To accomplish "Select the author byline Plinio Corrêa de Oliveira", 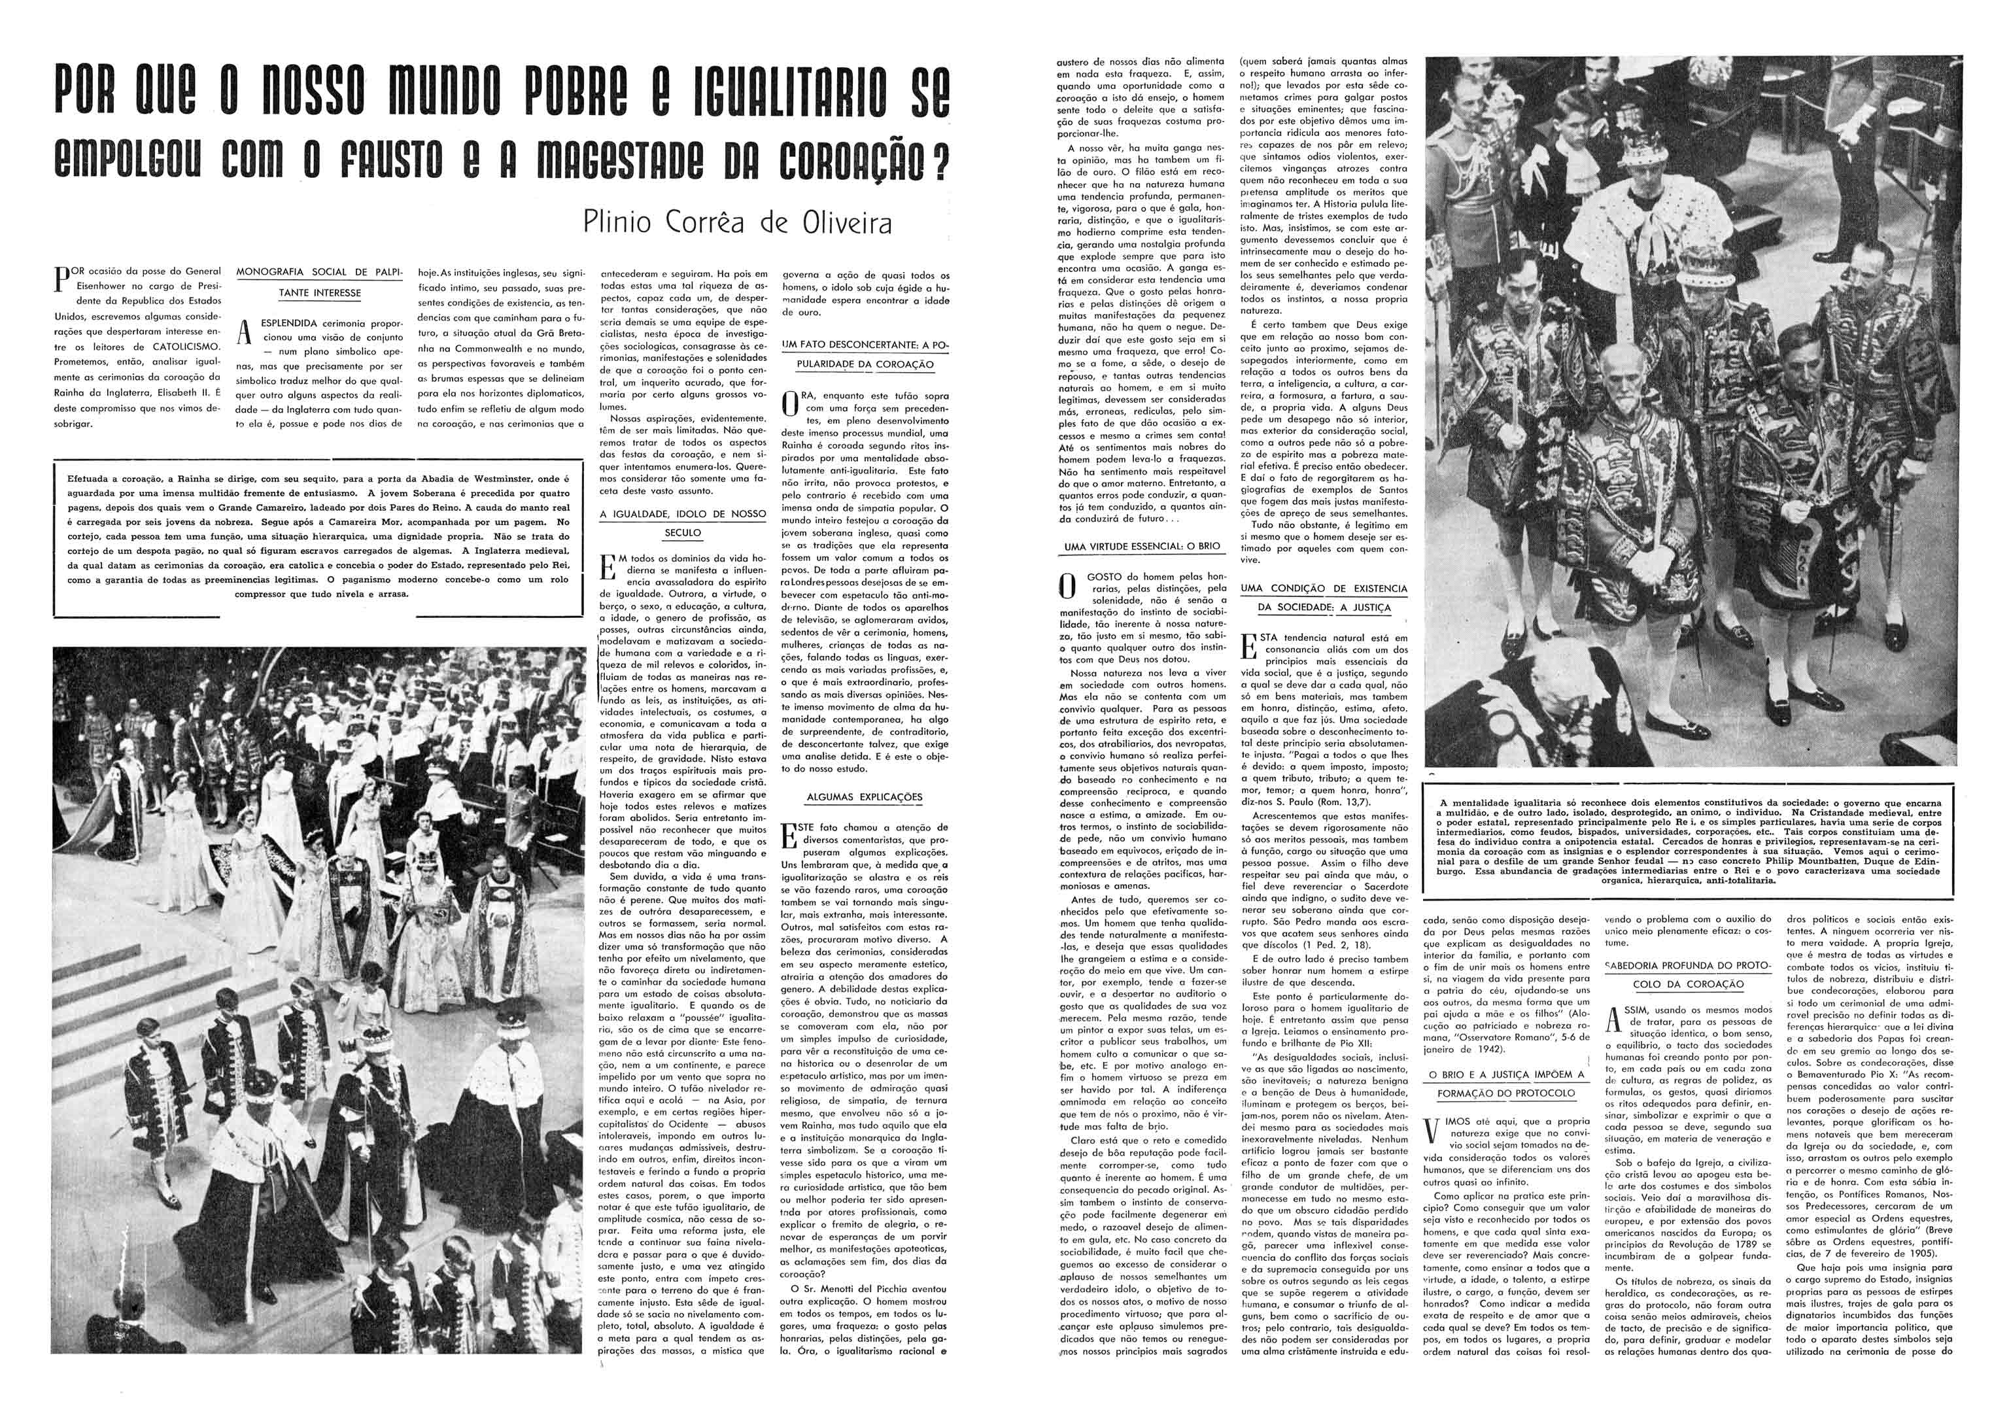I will [738, 222].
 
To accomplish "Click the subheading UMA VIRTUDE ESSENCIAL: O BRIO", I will [1142, 546].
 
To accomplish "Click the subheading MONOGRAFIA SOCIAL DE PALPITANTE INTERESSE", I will [319, 282].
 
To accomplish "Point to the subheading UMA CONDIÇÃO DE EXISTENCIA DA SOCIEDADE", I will [1323, 598].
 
